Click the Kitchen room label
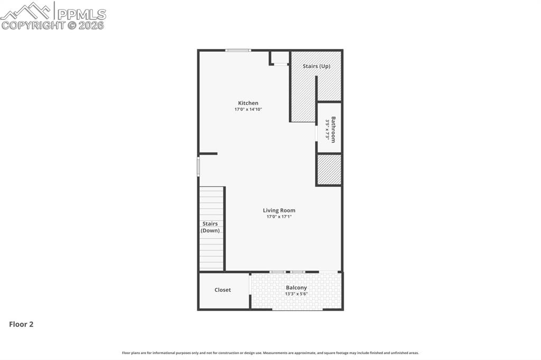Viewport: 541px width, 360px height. point(248,103)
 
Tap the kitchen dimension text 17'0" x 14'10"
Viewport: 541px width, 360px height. point(248,109)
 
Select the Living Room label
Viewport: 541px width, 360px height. point(279,210)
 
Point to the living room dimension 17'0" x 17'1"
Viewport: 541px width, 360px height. point(279,216)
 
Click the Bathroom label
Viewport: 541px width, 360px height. point(333,129)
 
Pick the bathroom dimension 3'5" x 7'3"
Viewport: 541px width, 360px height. point(327,130)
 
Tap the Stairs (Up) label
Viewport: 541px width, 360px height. point(316,66)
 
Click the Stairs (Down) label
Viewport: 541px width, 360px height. point(210,227)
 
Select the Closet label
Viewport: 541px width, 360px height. point(222,290)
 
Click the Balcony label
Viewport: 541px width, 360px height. point(296,288)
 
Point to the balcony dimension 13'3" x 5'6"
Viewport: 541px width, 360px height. point(296,294)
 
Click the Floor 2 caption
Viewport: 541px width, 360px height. point(21,325)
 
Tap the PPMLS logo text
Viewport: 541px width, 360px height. point(81,14)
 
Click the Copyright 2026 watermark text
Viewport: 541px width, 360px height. point(53,25)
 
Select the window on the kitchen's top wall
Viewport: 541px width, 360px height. point(238,50)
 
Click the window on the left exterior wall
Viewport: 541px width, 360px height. point(199,166)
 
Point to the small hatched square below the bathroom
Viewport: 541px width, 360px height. point(329,169)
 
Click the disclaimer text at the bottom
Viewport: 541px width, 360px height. point(270,353)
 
